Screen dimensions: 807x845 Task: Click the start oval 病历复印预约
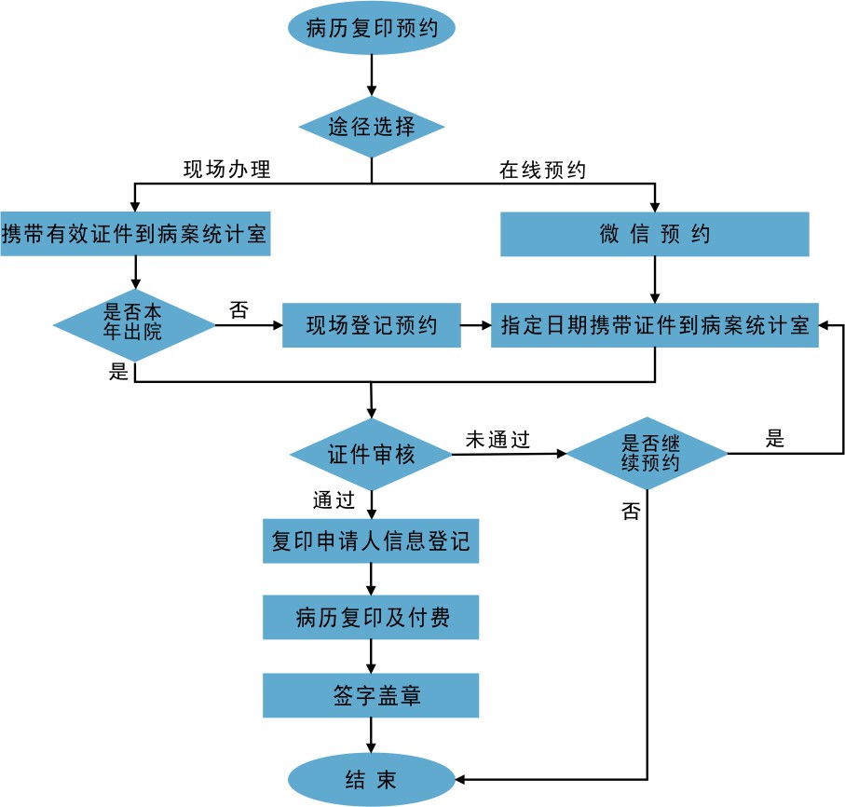[372, 28]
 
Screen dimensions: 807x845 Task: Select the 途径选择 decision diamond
[372, 127]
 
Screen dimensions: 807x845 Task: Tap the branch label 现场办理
[226, 171]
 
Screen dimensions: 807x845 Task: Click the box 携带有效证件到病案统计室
[136, 235]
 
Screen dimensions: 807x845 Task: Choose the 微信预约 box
[654, 234]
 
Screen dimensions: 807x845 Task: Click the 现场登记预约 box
[371, 325]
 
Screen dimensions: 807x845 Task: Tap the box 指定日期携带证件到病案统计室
[654, 325]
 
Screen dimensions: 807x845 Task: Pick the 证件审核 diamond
[371, 455]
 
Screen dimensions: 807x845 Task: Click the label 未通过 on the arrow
[497, 440]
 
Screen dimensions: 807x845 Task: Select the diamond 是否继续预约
[647, 455]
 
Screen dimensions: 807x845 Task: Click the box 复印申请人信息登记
[371, 541]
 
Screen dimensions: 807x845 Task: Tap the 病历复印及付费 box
[371, 617]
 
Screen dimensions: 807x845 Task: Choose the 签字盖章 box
[371, 695]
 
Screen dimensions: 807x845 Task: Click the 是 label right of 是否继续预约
[775, 439]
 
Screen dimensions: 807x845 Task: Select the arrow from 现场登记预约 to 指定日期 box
[475, 325]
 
